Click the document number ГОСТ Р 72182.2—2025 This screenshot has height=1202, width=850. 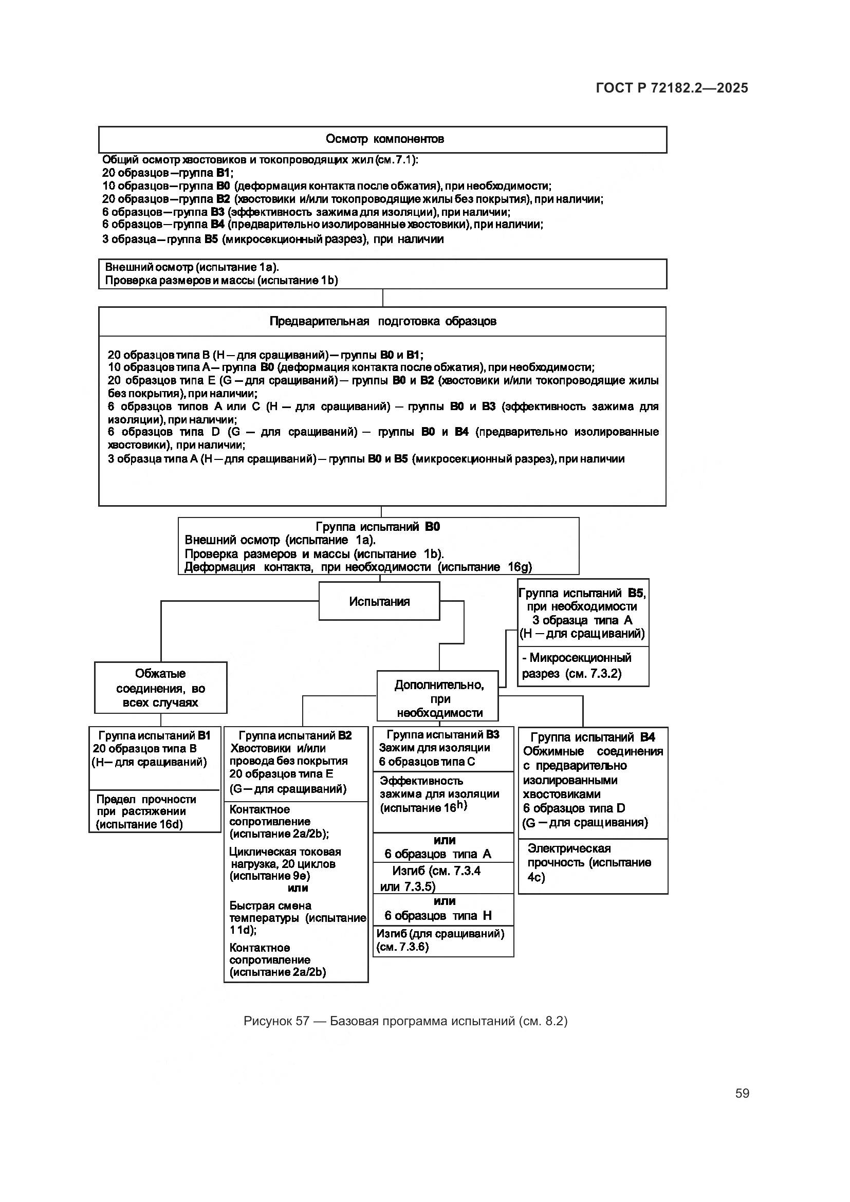click(x=672, y=88)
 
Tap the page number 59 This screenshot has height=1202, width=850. click(x=742, y=1093)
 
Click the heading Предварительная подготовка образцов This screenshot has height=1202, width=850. click(x=383, y=321)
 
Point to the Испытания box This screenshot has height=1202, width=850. click(x=379, y=601)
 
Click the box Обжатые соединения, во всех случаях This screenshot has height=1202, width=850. click(x=160, y=688)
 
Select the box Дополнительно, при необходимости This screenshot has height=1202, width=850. click(x=438, y=698)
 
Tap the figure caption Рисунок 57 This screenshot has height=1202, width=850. click(x=405, y=1021)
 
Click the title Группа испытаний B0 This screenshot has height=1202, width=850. click(x=377, y=527)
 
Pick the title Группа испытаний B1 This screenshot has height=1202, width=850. click(x=154, y=735)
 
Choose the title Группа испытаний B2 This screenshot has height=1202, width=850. click(x=295, y=735)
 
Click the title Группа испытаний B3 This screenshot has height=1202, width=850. click(x=443, y=734)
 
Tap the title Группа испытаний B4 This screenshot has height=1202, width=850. click(x=593, y=737)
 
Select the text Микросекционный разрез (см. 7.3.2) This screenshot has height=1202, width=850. click(x=576, y=665)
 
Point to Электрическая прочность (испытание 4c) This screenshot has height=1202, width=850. click(x=589, y=862)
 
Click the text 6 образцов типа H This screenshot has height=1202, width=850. click(x=438, y=915)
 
